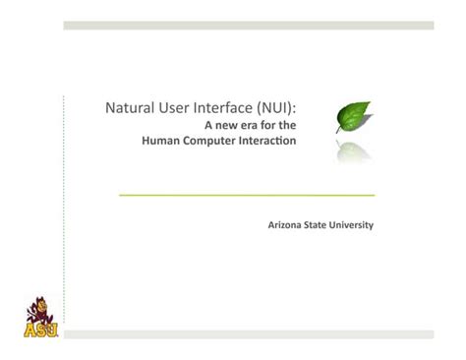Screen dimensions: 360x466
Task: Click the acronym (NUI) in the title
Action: click(x=281, y=107)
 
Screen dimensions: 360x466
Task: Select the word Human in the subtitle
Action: click(x=160, y=141)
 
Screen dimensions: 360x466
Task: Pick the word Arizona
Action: click(x=287, y=225)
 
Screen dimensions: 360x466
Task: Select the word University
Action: click(x=356, y=225)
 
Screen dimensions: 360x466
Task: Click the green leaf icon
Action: click(x=354, y=117)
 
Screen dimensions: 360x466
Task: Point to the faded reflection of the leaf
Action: click(x=355, y=150)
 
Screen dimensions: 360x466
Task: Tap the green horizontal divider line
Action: click(x=246, y=195)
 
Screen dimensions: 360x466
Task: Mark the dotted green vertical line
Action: click(x=63, y=197)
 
